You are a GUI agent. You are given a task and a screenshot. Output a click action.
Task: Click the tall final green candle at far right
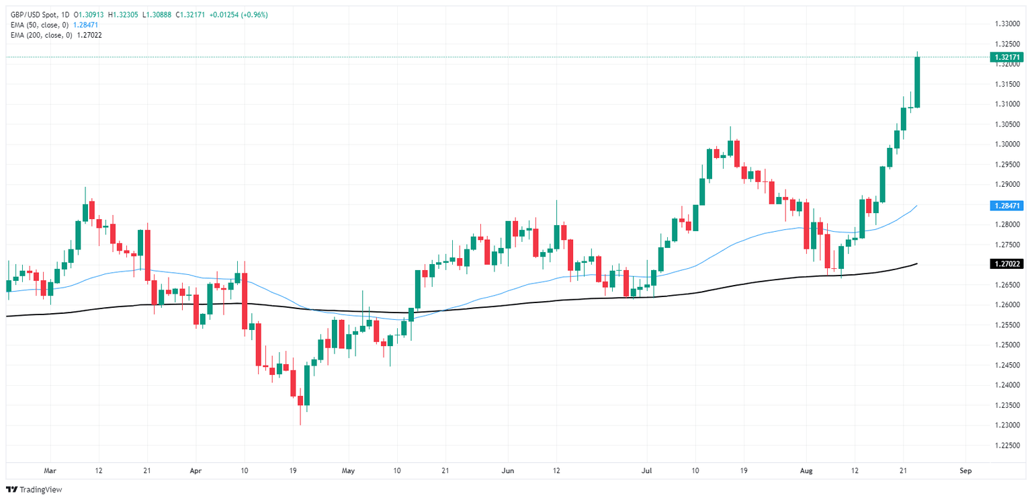pyautogui.click(x=917, y=82)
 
